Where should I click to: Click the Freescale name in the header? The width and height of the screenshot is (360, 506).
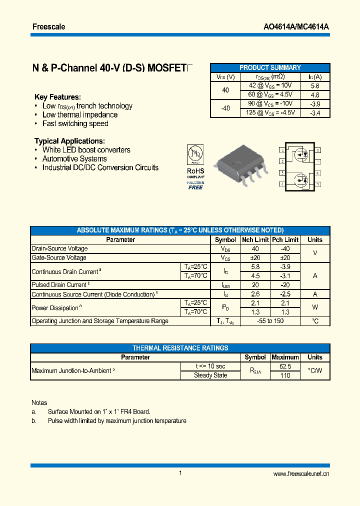pos(48,26)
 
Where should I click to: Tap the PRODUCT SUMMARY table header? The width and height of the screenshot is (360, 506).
pos(270,67)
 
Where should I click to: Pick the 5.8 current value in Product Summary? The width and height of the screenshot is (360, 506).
pos(314,85)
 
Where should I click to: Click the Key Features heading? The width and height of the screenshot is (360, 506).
pos(57,97)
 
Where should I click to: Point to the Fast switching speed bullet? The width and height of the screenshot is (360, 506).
pos(75,123)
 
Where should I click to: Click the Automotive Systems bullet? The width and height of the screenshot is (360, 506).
pos(74,158)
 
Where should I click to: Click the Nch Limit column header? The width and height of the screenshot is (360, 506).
pos(255,239)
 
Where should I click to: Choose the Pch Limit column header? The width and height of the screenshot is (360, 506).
pos(285,239)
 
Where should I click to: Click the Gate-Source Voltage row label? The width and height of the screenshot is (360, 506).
pos(59,257)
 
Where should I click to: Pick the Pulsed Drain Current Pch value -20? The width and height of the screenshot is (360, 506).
pos(285,285)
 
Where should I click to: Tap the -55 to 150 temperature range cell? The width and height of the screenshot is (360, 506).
pos(270,321)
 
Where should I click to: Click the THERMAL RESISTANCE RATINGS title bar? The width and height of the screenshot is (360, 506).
pos(180,348)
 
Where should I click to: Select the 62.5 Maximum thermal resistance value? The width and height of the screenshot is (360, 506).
pos(285,366)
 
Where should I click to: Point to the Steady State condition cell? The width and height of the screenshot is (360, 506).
pos(210,375)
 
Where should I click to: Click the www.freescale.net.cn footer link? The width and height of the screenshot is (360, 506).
pos(301,473)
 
